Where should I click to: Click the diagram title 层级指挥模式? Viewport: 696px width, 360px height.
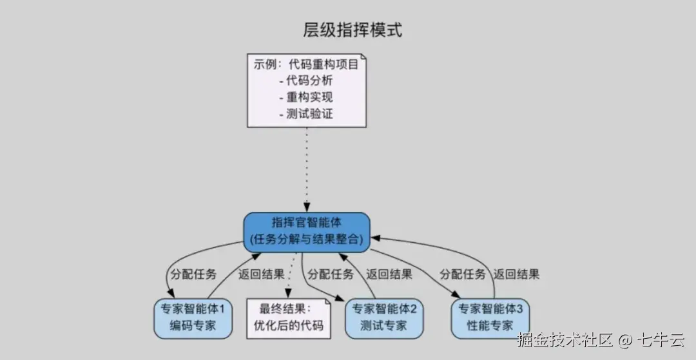(x=353, y=30)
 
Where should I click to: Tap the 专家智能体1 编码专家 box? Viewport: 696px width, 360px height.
(x=193, y=317)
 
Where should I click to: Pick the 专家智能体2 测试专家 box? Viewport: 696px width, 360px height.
(x=384, y=317)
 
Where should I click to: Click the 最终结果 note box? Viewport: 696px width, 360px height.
(x=288, y=317)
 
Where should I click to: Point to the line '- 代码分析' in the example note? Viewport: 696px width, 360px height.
(x=306, y=81)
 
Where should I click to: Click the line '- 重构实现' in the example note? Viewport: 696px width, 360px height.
(x=306, y=98)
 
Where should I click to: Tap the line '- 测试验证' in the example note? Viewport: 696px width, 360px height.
(x=306, y=115)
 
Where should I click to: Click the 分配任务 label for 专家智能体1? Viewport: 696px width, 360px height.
(x=193, y=274)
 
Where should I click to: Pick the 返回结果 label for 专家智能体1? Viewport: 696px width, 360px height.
(x=261, y=274)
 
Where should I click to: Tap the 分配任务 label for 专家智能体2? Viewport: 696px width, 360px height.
(x=331, y=274)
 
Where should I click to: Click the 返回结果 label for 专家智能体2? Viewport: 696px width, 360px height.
(x=389, y=274)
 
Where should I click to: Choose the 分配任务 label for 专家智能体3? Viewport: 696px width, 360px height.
(x=463, y=274)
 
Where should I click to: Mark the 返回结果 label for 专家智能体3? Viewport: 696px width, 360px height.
(x=517, y=274)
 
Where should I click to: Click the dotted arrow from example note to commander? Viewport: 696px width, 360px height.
(x=307, y=167)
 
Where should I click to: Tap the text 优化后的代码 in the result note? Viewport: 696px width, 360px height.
(x=288, y=325)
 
